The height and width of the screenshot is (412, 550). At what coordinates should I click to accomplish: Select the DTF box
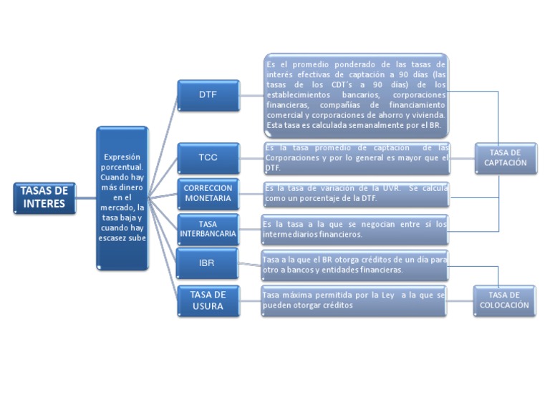pos(208,94)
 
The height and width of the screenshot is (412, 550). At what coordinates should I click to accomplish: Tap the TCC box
pos(208,157)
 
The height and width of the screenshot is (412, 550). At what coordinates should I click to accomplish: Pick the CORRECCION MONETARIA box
pos(208,193)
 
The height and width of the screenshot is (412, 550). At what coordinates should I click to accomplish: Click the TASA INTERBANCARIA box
pos(208,229)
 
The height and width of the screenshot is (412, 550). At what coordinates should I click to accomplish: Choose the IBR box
pos(208,263)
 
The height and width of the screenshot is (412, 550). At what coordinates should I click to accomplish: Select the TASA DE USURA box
pos(208,300)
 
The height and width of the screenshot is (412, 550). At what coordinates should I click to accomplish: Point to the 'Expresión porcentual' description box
pos(122,197)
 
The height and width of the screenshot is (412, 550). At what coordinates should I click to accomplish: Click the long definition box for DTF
pos(356,94)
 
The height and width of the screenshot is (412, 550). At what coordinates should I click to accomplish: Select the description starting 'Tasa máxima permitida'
pos(354,300)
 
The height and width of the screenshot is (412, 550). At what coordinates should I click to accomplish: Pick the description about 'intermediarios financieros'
pos(354,229)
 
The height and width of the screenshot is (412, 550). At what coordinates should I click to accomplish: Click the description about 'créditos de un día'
pos(354,265)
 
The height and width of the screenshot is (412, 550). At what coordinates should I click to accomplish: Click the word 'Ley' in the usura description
pos(388,295)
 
